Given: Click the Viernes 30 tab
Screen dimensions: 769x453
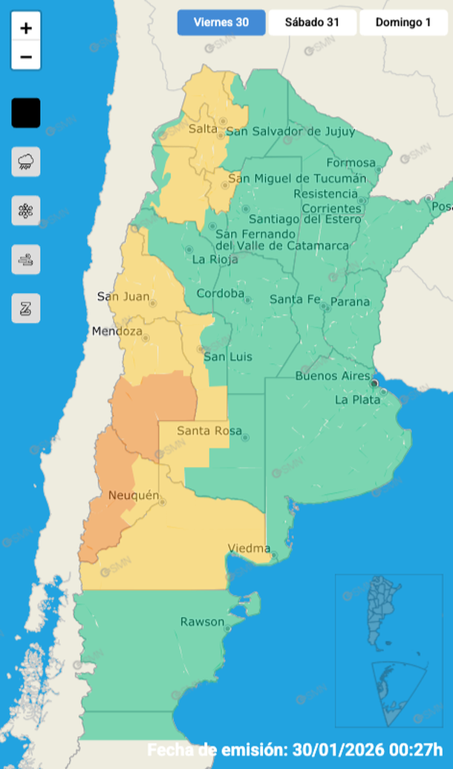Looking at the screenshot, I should point(221,22).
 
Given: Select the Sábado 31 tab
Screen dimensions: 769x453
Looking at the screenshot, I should point(312,22).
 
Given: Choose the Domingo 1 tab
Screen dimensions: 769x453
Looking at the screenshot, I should point(403,22).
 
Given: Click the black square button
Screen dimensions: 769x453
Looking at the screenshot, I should point(26,113).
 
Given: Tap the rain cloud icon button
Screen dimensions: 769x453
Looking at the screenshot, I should point(26,161).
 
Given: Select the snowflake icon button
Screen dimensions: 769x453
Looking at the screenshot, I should point(26,210).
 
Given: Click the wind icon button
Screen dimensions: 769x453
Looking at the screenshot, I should point(26,260).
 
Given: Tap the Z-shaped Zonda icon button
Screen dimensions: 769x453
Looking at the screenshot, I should point(26,308).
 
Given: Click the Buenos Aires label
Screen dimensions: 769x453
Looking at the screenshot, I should point(332,376).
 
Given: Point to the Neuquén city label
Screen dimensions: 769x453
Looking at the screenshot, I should point(134,495).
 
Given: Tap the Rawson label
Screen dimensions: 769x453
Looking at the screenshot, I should point(202,622).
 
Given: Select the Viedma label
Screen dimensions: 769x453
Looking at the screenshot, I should point(249,549).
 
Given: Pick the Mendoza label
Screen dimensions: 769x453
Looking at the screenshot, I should point(117,332).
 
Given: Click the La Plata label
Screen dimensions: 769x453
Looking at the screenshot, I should point(357,399).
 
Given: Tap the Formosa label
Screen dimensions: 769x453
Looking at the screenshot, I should point(351,163).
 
